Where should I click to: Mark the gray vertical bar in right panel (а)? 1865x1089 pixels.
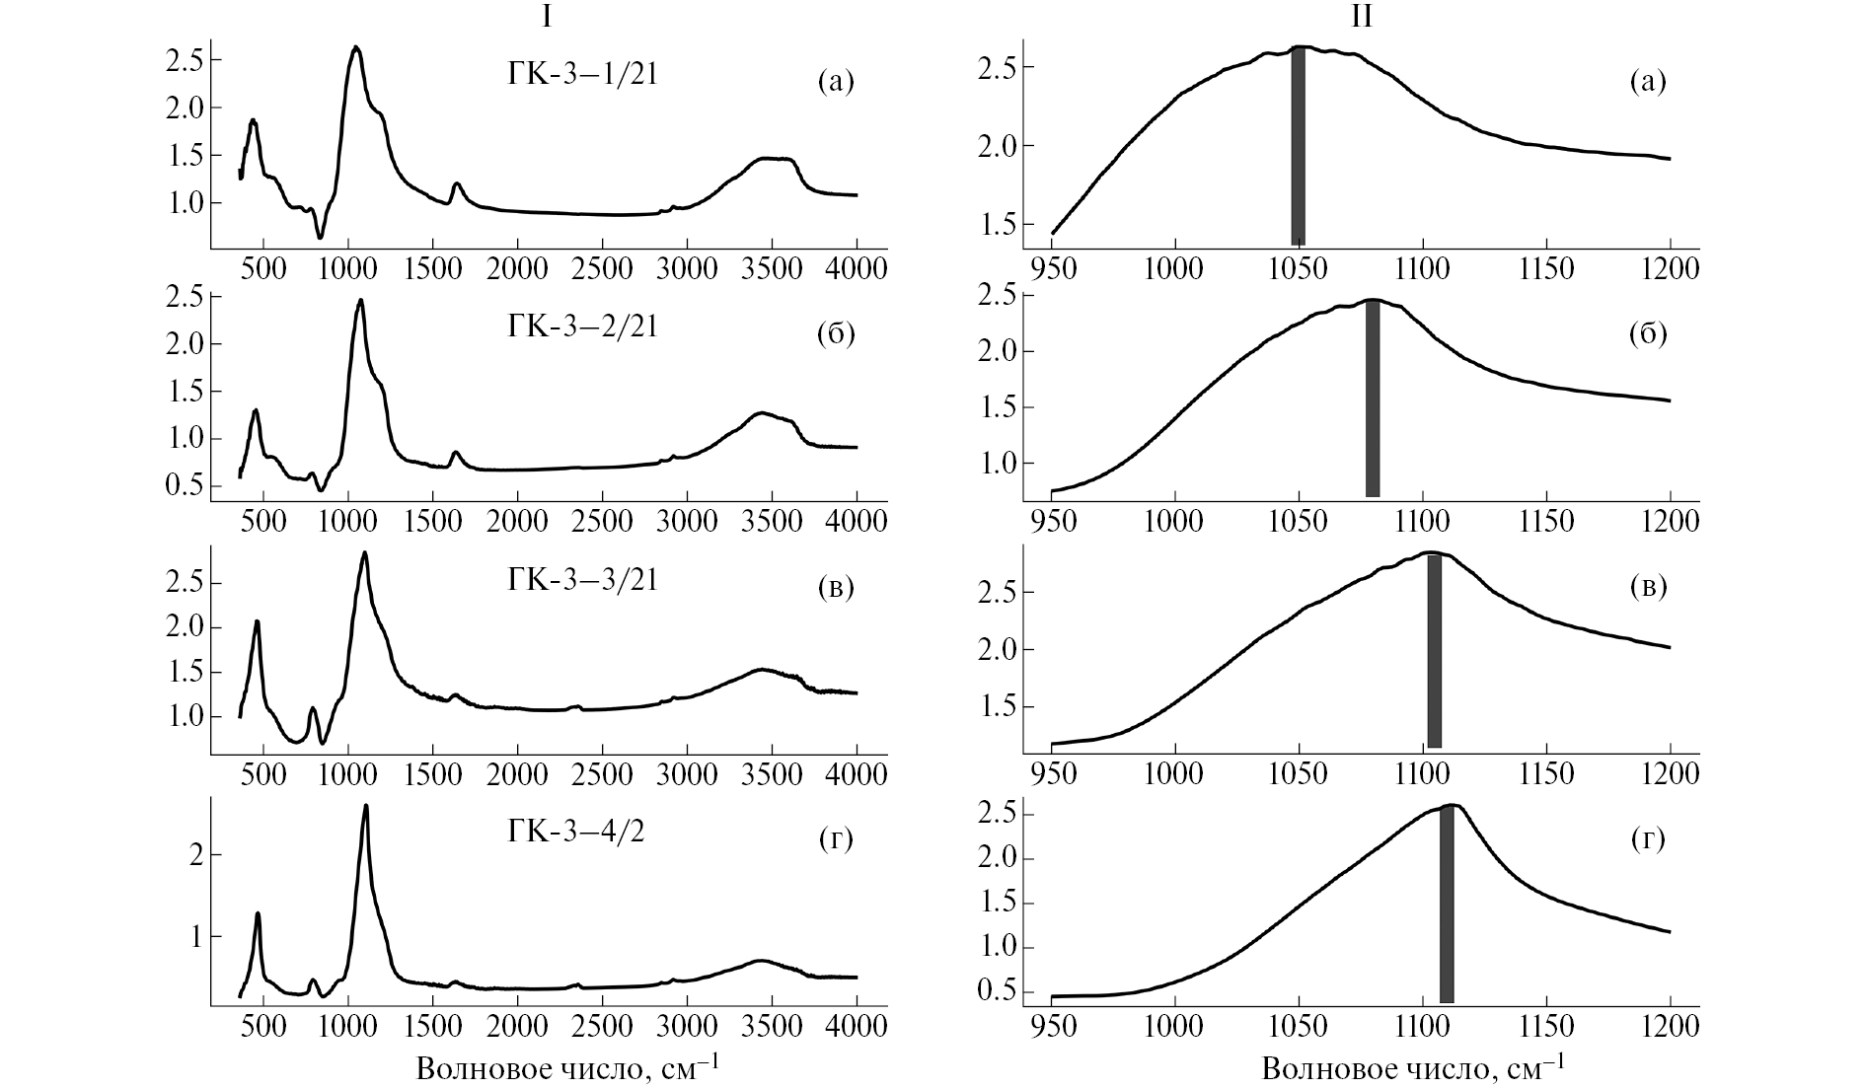[x=1299, y=146]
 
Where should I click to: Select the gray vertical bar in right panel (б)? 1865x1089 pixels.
[x=1372, y=399]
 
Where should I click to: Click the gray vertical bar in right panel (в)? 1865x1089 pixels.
[x=1435, y=651]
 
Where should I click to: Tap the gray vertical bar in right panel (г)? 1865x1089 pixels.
[x=1447, y=904]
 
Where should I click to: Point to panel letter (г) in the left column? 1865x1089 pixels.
[x=836, y=839]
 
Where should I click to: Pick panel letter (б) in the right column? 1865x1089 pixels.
[x=1647, y=334]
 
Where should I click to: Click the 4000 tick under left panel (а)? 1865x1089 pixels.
[x=856, y=268]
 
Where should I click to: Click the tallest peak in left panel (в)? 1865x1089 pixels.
[x=365, y=553]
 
